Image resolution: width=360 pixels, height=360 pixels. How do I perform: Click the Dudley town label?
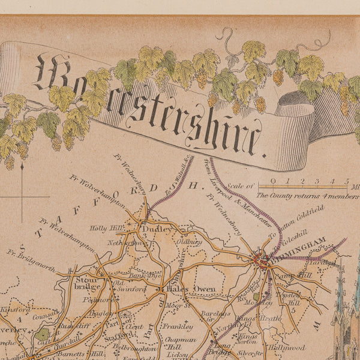[160, 229]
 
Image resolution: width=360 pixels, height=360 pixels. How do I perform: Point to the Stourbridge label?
[83, 284]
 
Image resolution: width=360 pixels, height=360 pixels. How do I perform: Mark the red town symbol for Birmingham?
[262, 261]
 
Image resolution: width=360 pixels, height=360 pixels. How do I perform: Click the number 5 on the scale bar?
[346, 181]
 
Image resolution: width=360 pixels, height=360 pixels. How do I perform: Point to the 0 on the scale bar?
[273, 181]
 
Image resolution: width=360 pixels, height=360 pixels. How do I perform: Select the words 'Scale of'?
[242, 187]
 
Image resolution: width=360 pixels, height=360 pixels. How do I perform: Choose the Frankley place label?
[179, 327]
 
